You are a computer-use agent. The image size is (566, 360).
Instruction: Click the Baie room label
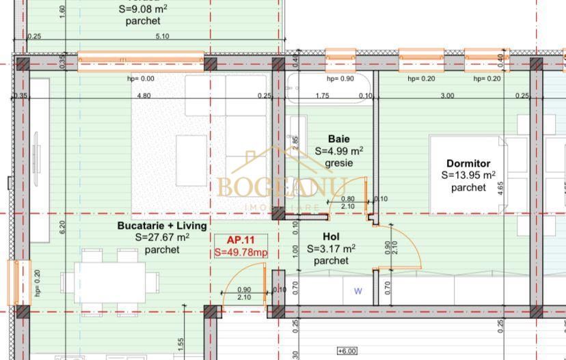338,139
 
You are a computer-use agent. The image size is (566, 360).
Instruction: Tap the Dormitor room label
468,163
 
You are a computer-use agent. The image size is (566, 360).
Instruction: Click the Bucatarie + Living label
162,225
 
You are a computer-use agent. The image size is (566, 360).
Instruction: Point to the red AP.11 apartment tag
240,240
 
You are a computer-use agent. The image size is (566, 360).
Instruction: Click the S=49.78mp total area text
241,252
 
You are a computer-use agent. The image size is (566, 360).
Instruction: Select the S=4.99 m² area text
338,151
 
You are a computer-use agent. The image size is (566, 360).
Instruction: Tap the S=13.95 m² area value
468,176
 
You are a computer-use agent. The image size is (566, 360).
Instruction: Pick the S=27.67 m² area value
162,237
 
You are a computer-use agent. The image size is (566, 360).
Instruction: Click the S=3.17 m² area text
331,249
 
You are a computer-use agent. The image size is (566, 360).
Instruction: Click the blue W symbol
358,291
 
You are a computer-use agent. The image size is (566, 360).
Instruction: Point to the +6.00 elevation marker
347,351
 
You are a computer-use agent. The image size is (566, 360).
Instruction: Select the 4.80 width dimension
144,96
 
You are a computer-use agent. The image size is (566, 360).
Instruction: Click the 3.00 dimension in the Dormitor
446,96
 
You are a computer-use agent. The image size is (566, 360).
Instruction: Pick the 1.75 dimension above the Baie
323,96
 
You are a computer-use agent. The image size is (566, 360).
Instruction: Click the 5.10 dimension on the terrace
163,37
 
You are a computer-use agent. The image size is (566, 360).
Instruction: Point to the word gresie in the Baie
338,164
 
